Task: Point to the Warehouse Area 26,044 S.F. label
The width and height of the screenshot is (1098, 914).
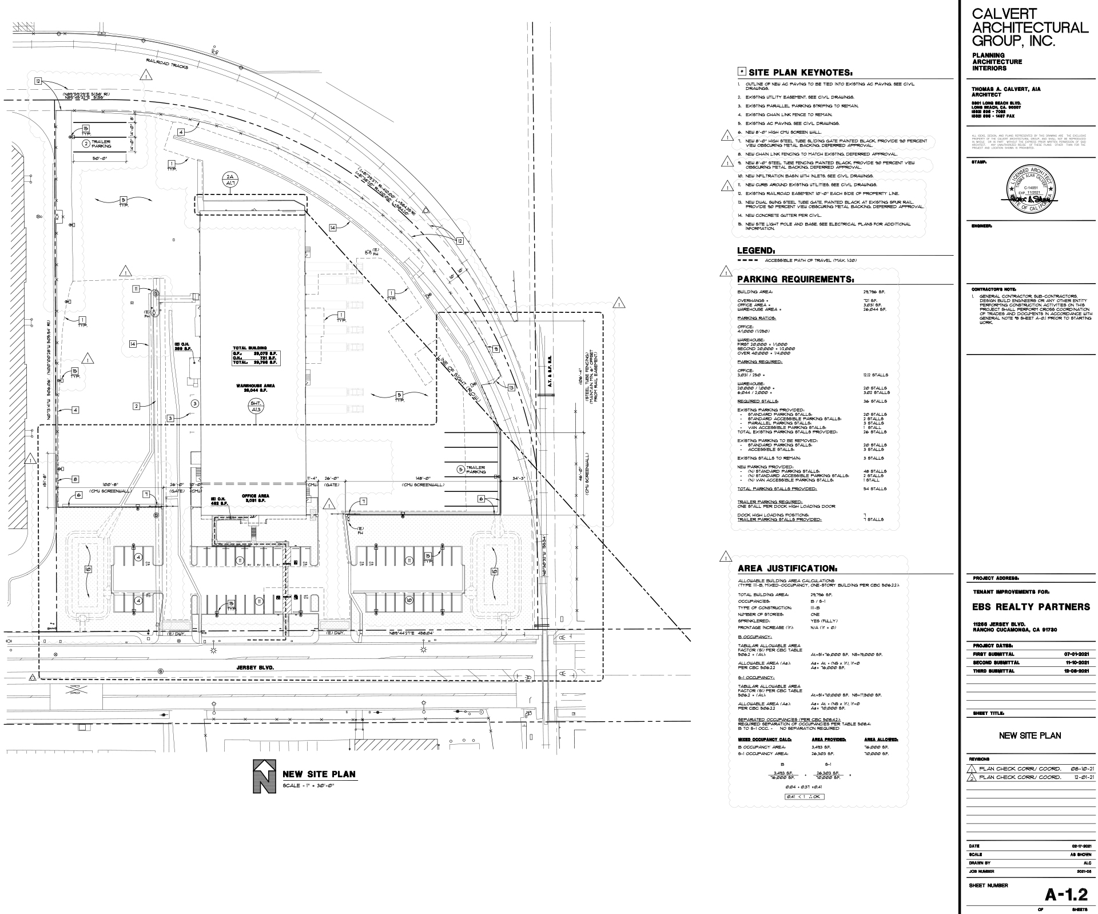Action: [255, 388]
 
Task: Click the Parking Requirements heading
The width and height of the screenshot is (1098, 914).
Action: [795, 279]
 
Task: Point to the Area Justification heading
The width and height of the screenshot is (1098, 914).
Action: [787, 569]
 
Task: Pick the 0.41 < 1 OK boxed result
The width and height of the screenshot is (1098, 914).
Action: [804, 796]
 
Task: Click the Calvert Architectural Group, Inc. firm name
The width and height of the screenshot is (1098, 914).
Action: [1029, 27]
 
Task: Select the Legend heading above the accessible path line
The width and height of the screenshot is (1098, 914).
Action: [756, 251]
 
